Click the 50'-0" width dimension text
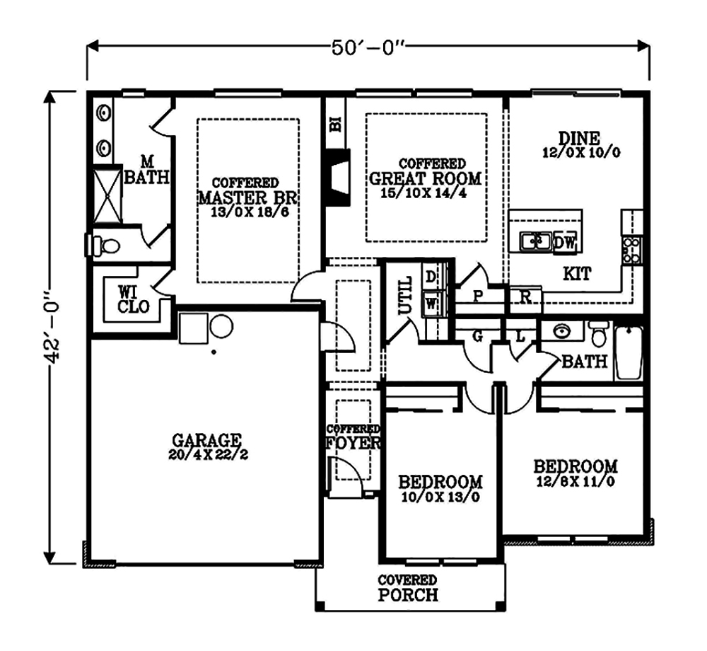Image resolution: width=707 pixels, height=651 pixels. pos(367,46)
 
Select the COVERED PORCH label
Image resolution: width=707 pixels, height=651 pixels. pos(407,588)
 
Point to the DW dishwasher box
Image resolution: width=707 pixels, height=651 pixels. pos(566,243)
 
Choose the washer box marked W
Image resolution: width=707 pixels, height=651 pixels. pos(431,304)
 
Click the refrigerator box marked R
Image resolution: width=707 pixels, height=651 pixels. pos(525,297)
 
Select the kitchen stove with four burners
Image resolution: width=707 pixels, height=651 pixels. pos(632,250)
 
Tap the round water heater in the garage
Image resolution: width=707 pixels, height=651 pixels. pos(221,327)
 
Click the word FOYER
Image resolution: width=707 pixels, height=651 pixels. pos(353,444)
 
